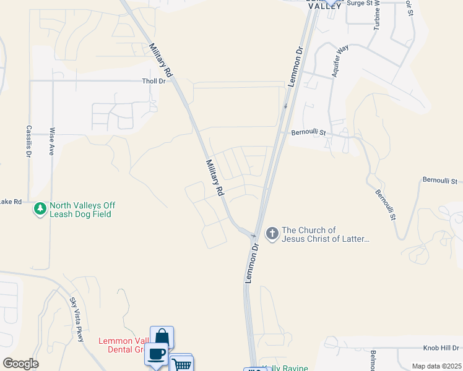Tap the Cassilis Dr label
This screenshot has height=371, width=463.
point(28,142)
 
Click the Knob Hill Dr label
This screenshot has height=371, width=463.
point(441,348)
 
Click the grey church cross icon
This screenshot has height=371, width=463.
point(271,233)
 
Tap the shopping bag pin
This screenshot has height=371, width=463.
point(162,337)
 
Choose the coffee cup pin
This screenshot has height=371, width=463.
point(156,354)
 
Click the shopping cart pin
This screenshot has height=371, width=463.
point(181,364)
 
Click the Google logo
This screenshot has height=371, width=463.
point(20,364)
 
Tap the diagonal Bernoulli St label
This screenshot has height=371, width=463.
point(384,202)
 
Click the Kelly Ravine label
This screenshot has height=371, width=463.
point(287,368)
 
